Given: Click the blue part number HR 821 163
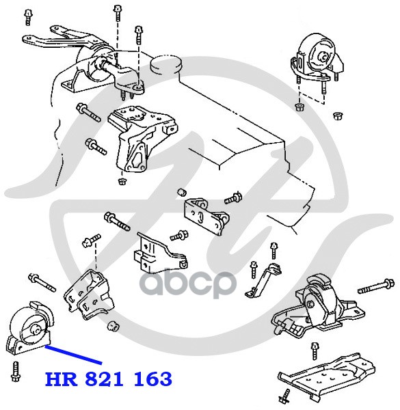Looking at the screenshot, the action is coord(109,379).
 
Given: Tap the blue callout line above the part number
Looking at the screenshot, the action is coord(73,355).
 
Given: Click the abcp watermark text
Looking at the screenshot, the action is coord(188,283).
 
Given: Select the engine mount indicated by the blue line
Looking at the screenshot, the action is coord(29,328).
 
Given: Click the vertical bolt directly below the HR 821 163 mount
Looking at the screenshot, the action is coord(15,372).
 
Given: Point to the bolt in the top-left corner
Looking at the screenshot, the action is coord(27,17).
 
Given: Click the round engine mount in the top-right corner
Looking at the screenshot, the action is coord(317,58).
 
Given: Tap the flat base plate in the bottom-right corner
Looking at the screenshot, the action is coord(326,375).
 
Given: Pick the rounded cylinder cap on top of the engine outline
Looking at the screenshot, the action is coord(166,65).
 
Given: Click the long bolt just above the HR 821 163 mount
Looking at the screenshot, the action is coord(42,283).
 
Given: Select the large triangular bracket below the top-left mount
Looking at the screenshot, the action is coord(141,139).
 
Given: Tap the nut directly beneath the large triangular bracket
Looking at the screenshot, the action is coord(122,181).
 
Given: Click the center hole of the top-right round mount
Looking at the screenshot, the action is coord(323,57).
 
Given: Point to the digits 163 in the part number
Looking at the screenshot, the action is coord(153,379).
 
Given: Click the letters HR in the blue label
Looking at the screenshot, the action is coord(62,379).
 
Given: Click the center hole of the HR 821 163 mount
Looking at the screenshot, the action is coord(36,329).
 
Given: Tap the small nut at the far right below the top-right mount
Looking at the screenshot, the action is coord(338,115).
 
